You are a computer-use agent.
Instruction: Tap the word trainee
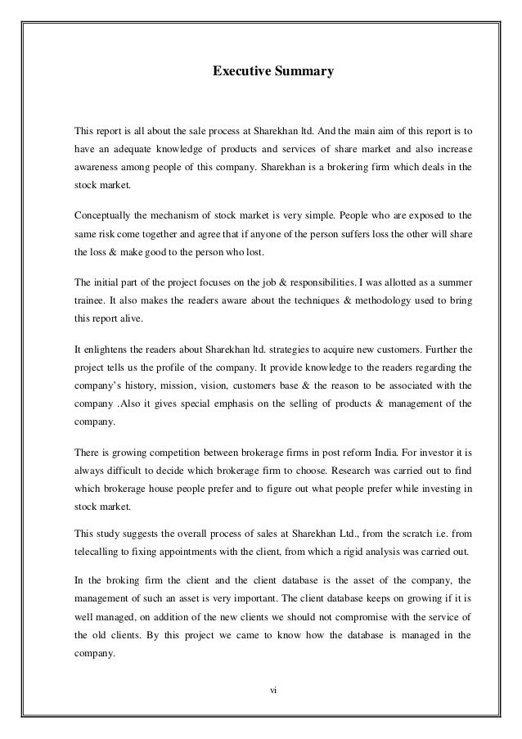coord(91,302)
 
